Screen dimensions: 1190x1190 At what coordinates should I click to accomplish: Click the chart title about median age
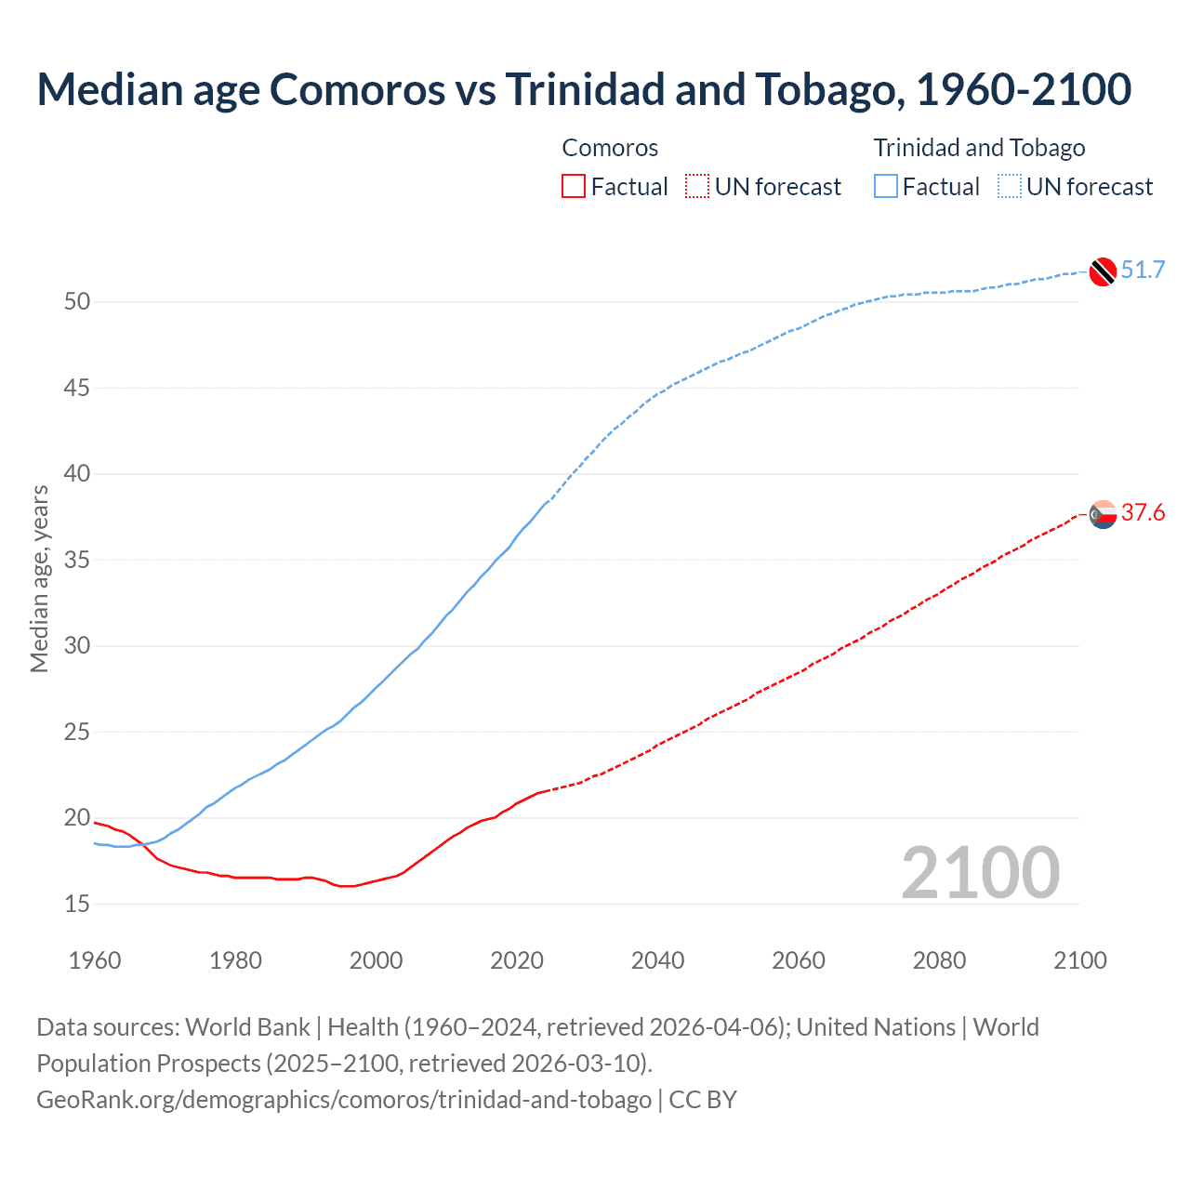click(584, 89)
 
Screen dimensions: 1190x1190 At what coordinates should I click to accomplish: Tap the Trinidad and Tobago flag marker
click(1103, 271)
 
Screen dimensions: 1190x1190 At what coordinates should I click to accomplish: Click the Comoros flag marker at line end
click(1103, 513)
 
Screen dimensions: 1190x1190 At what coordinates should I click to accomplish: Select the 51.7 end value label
click(1143, 271)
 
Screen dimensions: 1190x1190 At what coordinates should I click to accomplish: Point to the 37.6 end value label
click(1143, 513)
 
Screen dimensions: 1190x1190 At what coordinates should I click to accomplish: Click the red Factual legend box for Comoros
click(574, 187)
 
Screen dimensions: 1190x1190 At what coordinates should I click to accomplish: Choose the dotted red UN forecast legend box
click(697, 187)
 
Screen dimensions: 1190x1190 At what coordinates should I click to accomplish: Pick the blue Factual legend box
click(886, 187)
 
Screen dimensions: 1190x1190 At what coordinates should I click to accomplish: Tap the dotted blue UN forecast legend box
click(1010, 187)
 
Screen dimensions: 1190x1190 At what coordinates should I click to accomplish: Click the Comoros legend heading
click(610, 148)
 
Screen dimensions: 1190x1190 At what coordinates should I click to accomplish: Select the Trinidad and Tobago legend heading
click(979, 148)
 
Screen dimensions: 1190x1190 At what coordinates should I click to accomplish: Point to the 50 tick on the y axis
click(77, 302)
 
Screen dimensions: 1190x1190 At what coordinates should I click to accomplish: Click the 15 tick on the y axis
click(77, 904)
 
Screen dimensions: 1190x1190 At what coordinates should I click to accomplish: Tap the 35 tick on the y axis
click(77, 561)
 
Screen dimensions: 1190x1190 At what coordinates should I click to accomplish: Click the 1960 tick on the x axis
click(95, 960)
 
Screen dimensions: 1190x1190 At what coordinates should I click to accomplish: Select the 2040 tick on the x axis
click(657, 960)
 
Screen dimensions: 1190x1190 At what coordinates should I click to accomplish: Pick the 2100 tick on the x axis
click(1079, 960)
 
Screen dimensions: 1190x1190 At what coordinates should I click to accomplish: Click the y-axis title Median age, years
click(39, 578)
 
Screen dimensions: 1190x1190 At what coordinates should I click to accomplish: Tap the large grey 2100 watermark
click(980, 872)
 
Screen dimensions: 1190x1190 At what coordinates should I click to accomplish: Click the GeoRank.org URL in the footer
click(344, 1100)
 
